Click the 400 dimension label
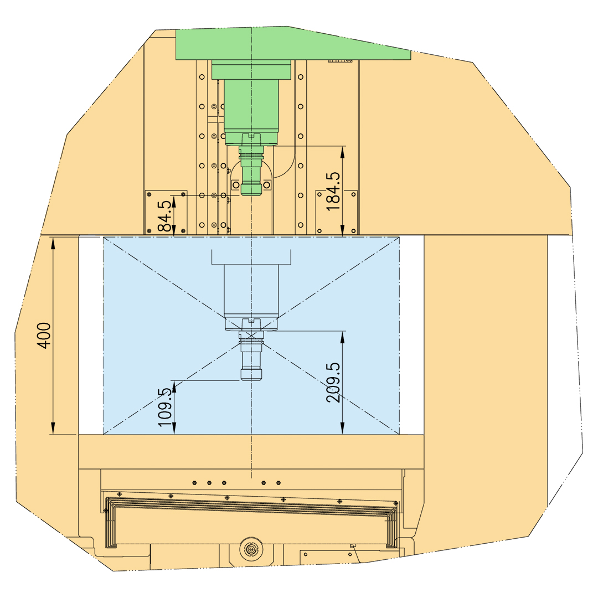[x=44, y=335]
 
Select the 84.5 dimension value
[x=165, y=216]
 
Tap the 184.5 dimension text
[x=333, y=191]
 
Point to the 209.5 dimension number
[x=333, y=382]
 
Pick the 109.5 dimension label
[x=165, y=408]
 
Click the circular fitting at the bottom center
[x=251, y=549]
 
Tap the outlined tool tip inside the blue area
[x=251, y=374]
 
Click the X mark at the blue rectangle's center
[x=251, y=336]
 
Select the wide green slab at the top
[x=293, y=43]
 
